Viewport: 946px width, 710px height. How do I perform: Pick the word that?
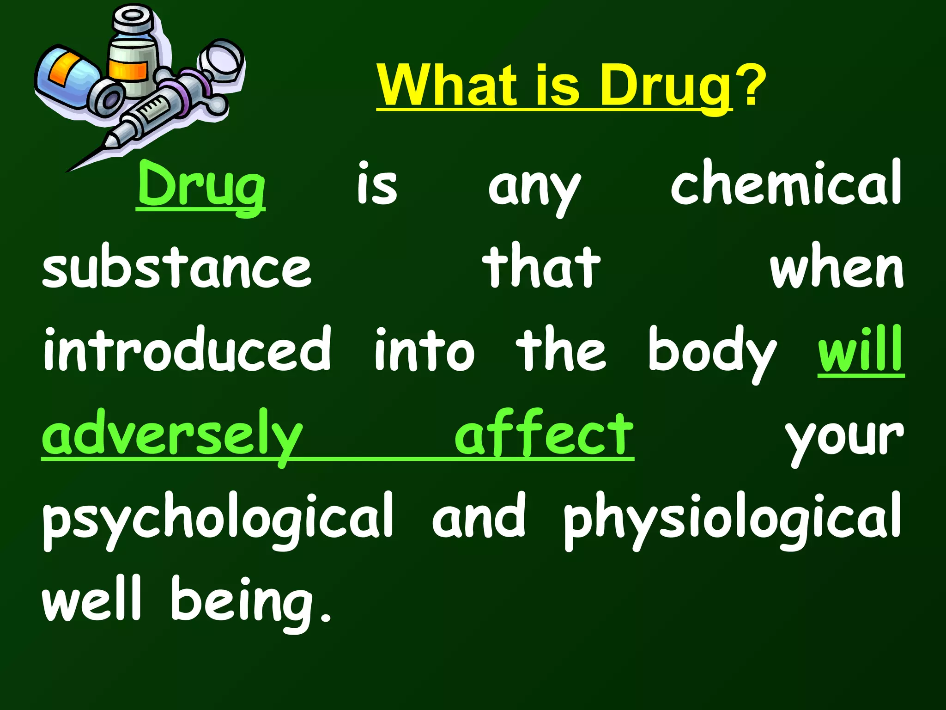coord(541,267)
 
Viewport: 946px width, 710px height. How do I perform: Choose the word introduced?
coord(187,350)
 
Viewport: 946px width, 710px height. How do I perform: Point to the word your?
coord(844,437)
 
